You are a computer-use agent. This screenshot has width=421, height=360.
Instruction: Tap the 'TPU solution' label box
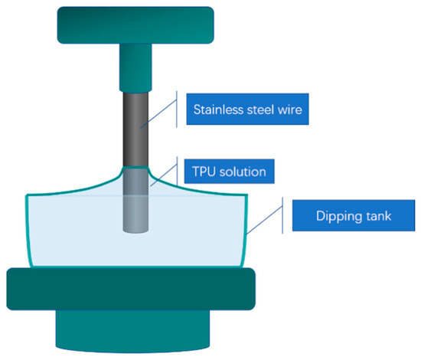pos(229,171)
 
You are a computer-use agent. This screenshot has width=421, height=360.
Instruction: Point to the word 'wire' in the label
pos(290,110)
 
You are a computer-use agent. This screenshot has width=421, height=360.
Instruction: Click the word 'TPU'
pos(207,171)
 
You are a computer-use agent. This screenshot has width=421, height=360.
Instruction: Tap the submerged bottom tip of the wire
pos(135,222)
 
